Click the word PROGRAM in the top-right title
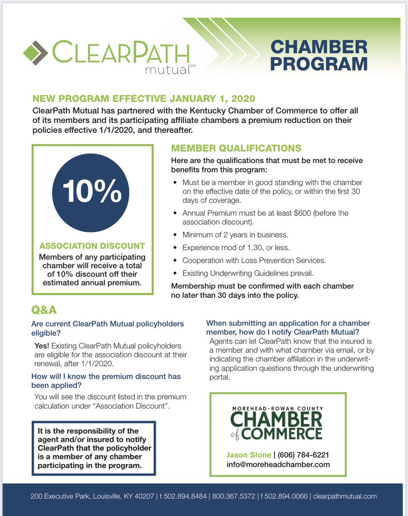click(319, 64)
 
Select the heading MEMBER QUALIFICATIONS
click(236, 149)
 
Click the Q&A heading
click(44, 310)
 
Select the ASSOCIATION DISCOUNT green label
click(92, 246)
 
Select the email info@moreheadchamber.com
click(278, 464)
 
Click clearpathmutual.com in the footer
click(345, 496)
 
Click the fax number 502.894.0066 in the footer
click(284, 496)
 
